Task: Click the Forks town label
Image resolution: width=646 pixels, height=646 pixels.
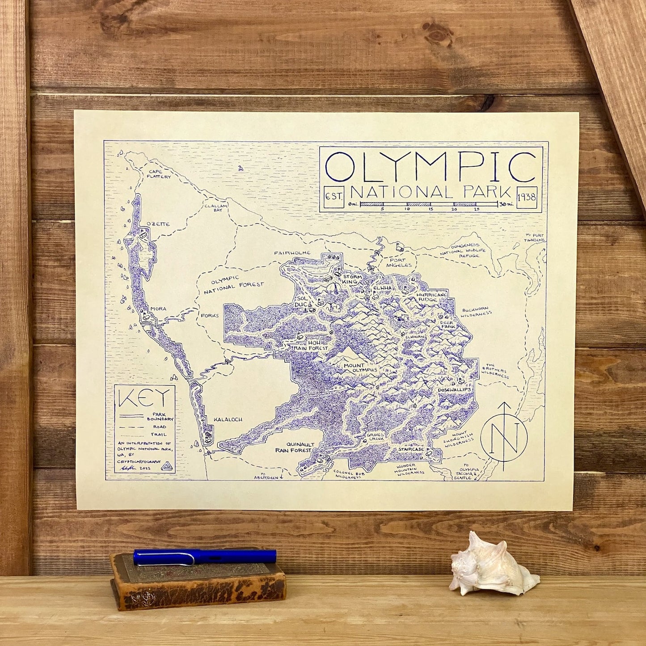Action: pyautogui.click(x=210, y=316)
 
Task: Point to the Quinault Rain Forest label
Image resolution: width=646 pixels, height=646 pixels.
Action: pyautogui.click(x=293, y=448)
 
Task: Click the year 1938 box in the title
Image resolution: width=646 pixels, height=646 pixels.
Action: pyautogui.click(x=527, y=196)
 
